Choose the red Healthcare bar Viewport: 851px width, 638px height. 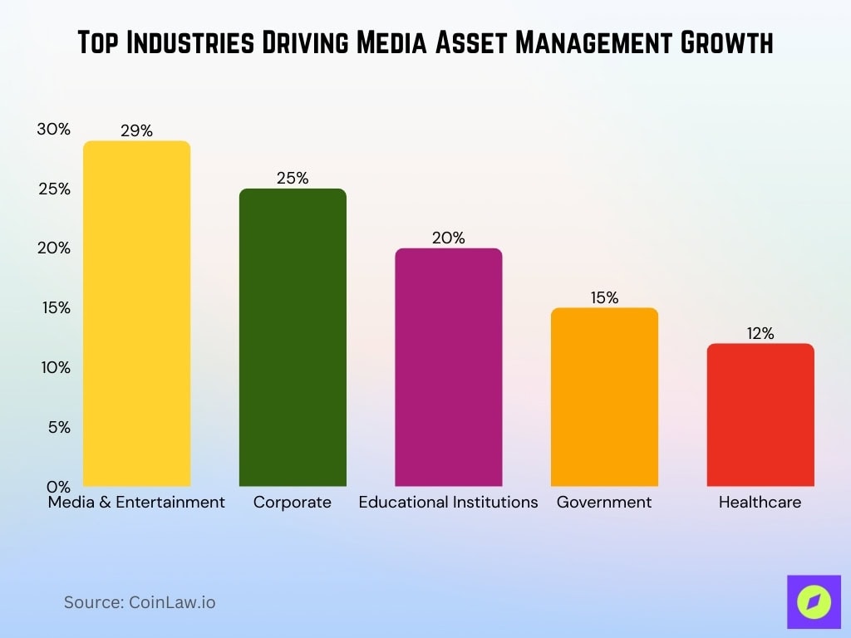760,415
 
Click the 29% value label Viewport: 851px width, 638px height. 136,130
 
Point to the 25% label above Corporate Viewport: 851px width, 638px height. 293,178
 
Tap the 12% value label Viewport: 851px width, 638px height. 760,333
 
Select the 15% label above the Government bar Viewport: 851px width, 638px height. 604,297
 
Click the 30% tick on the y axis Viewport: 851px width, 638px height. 53,130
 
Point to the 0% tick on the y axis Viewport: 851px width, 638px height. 58,486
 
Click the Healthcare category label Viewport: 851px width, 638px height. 760,503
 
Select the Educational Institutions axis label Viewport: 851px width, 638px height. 448,503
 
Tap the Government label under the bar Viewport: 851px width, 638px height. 604,503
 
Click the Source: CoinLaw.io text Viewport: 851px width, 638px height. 140,602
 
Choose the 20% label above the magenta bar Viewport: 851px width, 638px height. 448,238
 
